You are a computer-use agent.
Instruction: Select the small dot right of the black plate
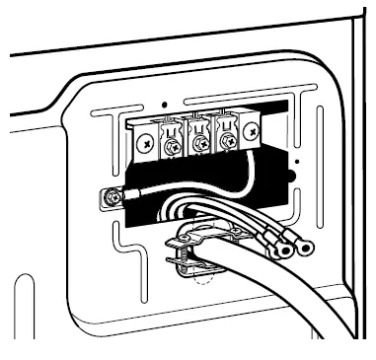click(x=296, y=159)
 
